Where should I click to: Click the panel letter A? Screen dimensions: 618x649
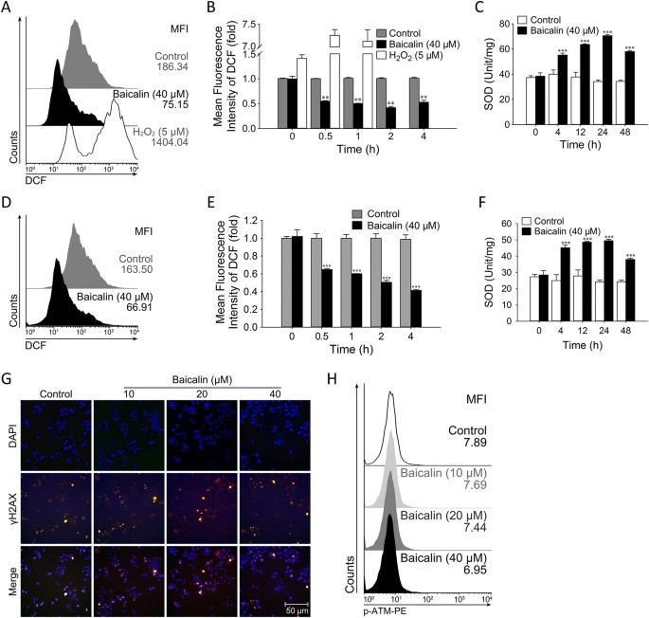pos(8,9)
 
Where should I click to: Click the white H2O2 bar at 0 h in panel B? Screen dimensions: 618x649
pos(276,92)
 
